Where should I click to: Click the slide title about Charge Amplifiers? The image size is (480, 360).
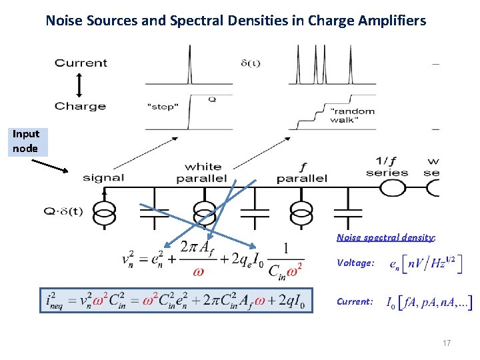[235, 21]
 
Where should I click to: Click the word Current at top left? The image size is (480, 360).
[81, 63]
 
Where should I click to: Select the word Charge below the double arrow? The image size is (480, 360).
[80, 106]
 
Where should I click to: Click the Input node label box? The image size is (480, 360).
[26, 141]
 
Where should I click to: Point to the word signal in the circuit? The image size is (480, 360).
[103, 177]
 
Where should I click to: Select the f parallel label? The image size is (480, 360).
[302, 173]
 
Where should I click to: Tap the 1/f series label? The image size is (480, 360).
[387, 167]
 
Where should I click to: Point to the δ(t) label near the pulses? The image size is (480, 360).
[250, 63]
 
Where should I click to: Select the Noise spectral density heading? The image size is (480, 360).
[386, 237]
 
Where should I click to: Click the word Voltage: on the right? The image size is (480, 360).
[355, 263]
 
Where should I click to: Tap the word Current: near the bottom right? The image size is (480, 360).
[355, 301]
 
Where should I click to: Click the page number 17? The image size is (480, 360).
[447, 343]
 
